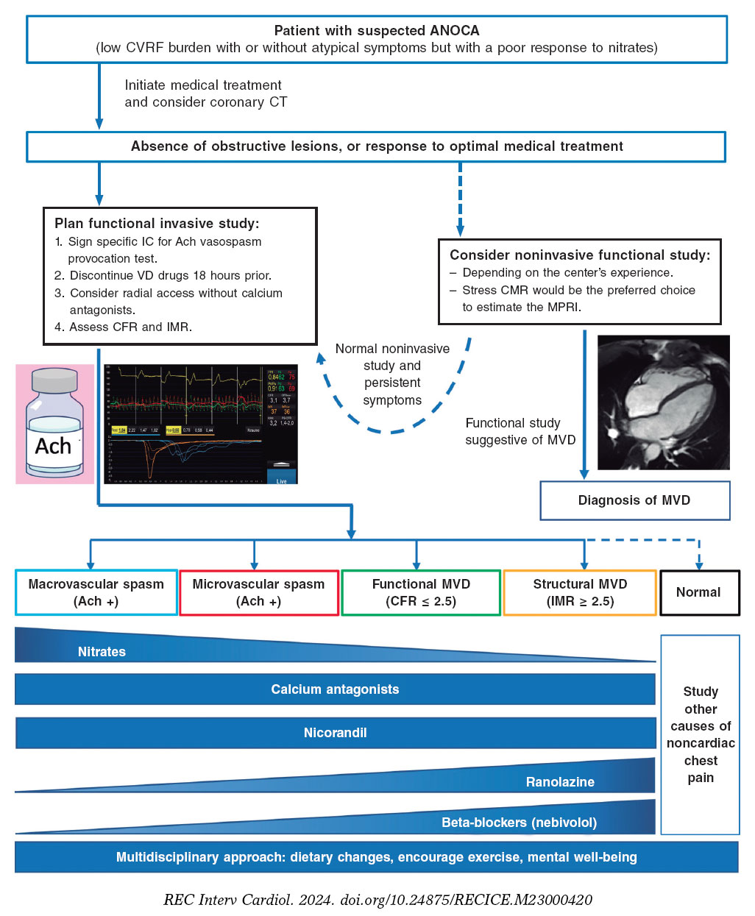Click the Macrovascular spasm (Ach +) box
pos(96,592)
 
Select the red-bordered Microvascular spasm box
pos(258,592)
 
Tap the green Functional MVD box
pos(421,592)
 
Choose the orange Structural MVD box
pos(580,592)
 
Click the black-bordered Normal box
pos(699,592)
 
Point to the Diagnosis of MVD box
pos(634,500)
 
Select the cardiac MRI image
pos(663,402)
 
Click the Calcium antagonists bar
pos(335,689)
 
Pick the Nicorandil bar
pos(335,733)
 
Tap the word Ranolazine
pos(560,782)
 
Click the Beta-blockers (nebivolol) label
pos(519,823)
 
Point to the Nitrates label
pos(102,652)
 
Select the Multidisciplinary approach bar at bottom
pos(376,857)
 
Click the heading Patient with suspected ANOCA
pos(377,31)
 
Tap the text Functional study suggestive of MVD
pos(520,432)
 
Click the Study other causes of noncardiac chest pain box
pos(700,734)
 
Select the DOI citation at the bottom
pos(377,900)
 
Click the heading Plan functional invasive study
pos(157,224)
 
